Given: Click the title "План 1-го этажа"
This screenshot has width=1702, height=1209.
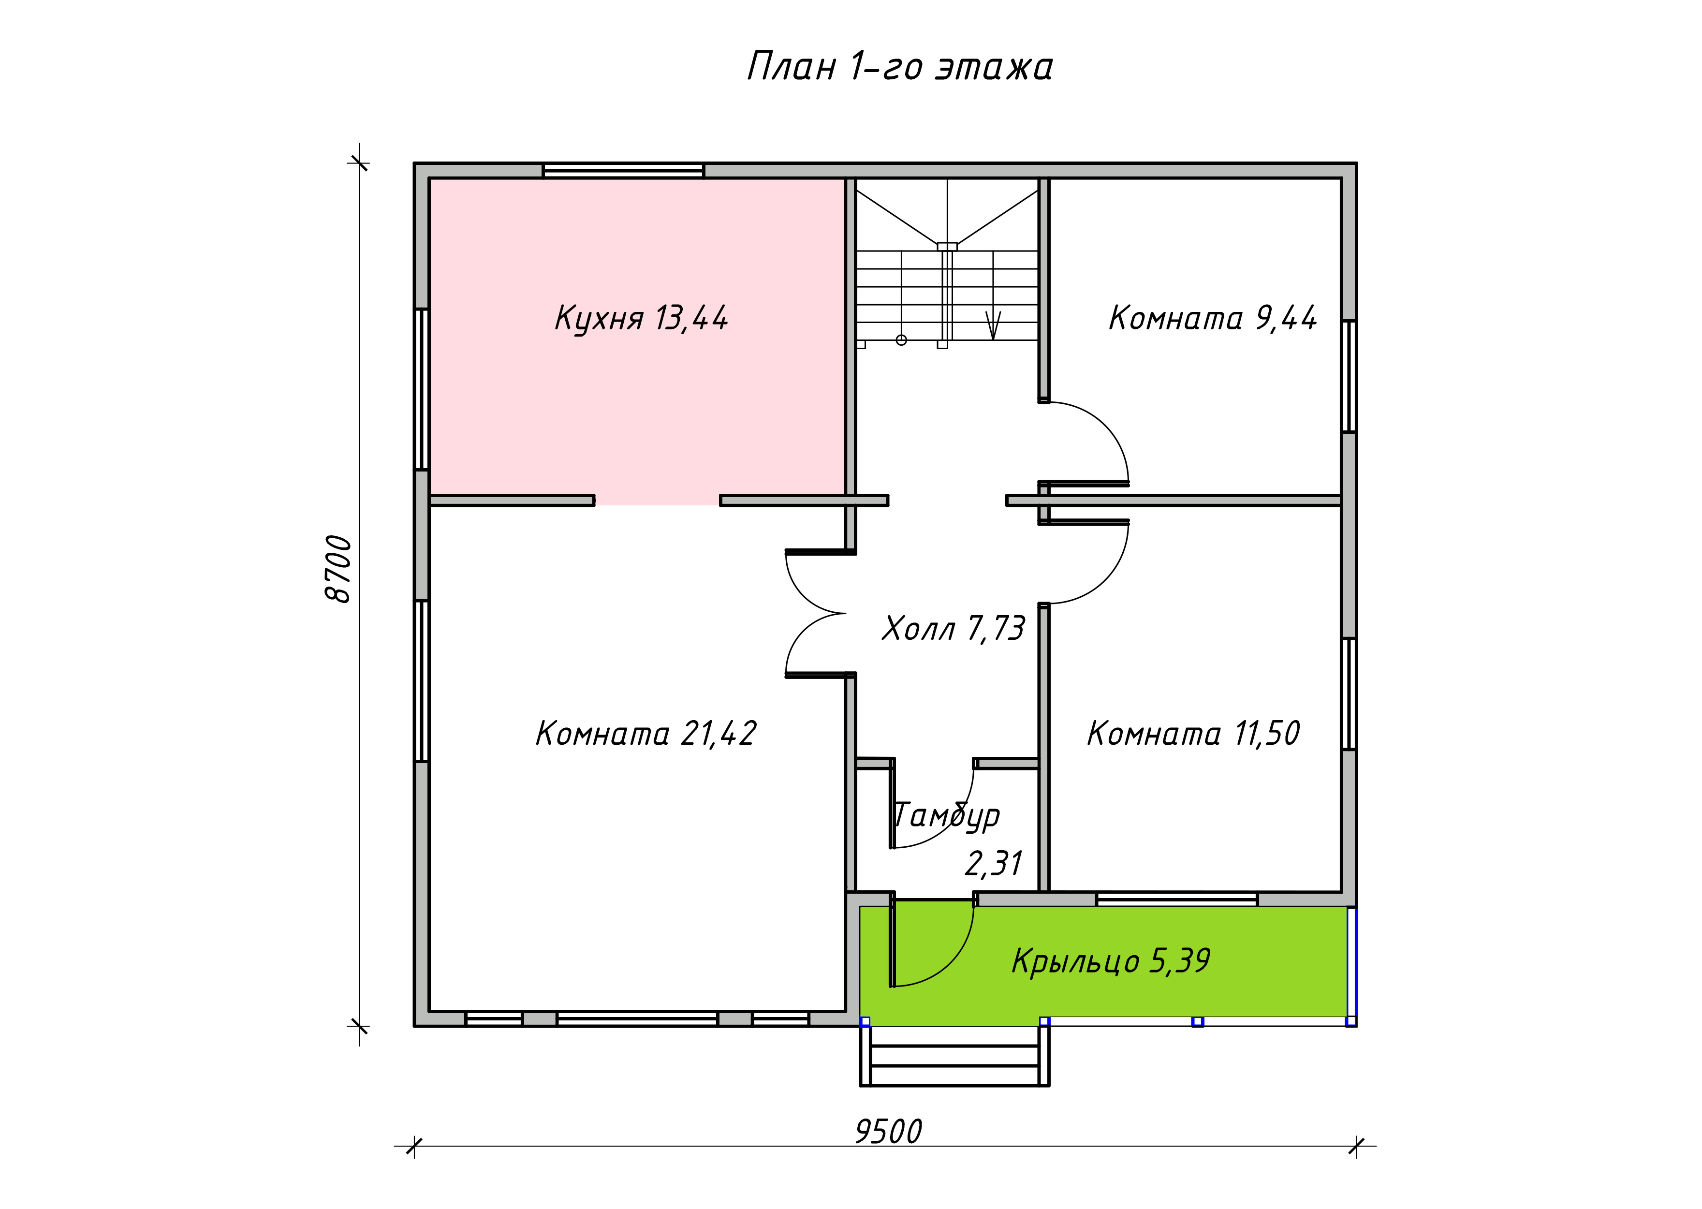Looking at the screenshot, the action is [900, 66].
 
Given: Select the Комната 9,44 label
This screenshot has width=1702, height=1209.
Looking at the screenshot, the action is [1212, 318].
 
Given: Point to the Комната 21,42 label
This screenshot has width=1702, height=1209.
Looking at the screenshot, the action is [646, 733].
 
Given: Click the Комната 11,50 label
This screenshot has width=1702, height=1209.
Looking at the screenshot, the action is [1193, 733].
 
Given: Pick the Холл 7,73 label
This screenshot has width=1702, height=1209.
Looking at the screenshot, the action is [954, 628].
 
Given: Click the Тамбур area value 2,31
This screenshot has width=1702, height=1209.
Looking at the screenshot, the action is [994, 864].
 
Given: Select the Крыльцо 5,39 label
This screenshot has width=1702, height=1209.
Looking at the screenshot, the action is [1110, 960].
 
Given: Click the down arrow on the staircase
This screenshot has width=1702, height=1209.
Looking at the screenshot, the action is [993, 325].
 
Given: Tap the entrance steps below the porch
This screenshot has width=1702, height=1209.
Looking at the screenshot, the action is [955, 1056].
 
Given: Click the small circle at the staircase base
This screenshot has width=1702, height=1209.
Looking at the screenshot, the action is [901, 340].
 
